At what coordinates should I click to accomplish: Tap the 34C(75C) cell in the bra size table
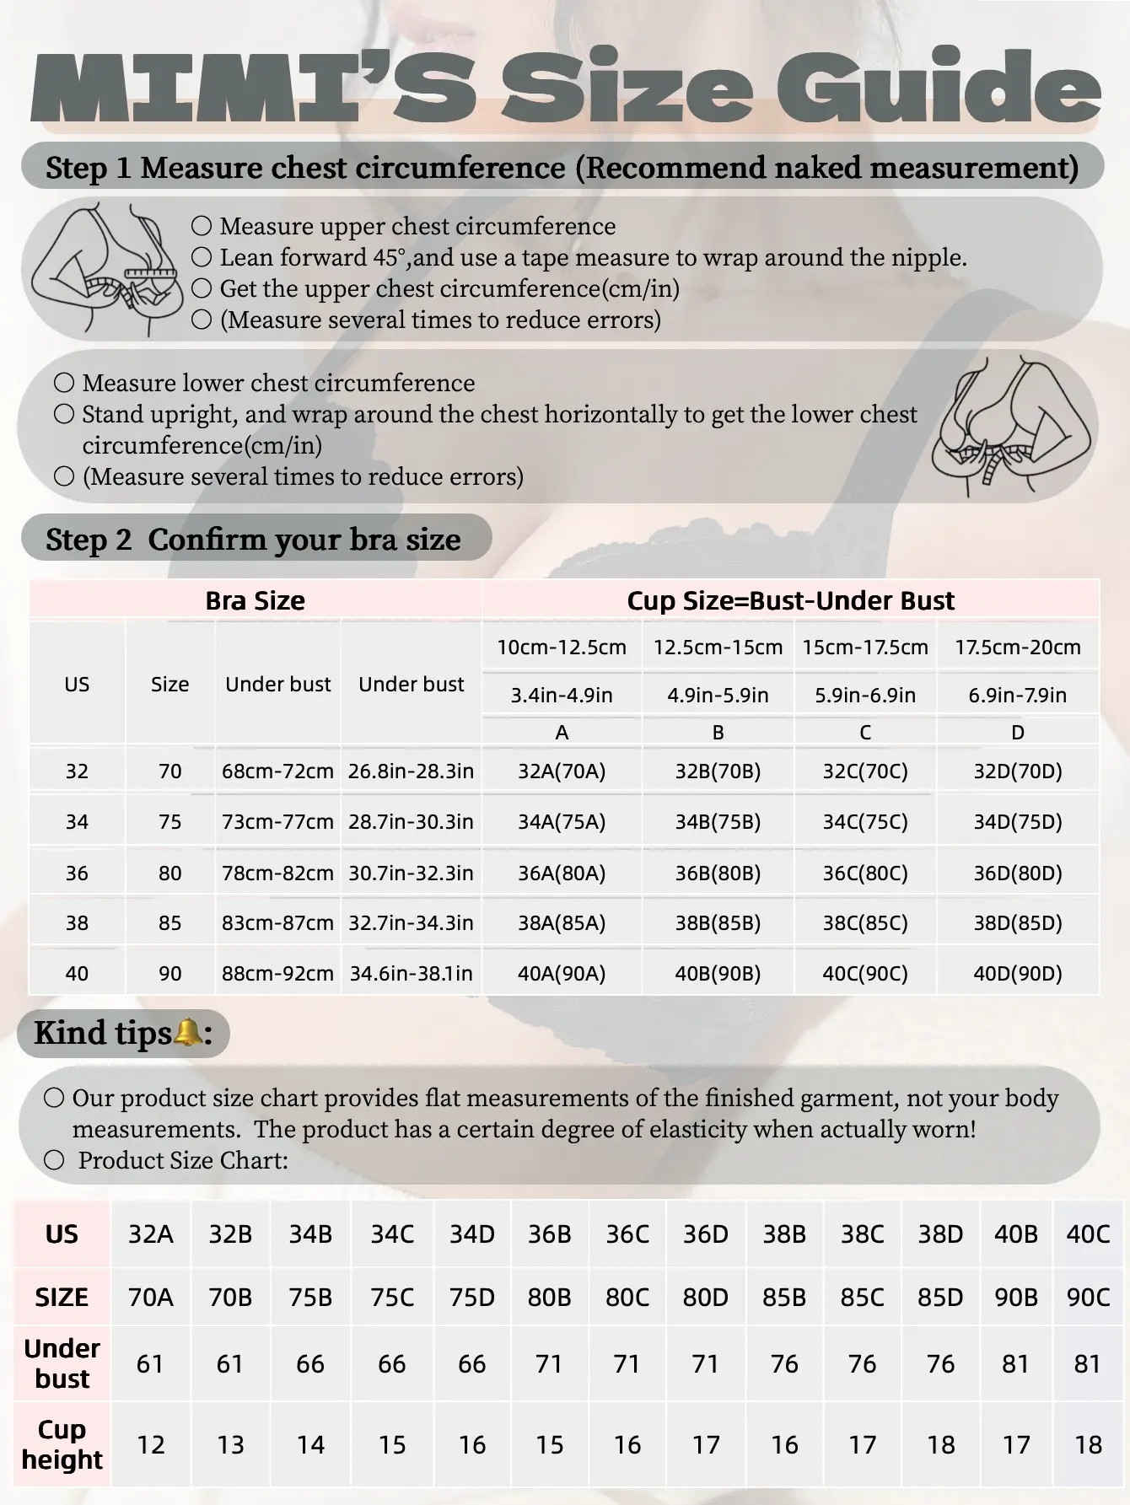(865, 822)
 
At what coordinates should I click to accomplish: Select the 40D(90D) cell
(1018, 974)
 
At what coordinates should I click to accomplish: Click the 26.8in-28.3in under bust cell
(411, 771)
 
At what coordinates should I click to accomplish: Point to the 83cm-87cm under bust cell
(277, 923)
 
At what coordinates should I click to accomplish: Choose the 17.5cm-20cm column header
(1018, 648)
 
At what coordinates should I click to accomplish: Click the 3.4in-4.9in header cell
(562, 696)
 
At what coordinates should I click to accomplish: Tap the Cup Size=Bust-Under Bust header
(790, 600)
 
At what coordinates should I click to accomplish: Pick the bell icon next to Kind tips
(187, 1032)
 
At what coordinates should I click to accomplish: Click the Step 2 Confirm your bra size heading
(253, 540)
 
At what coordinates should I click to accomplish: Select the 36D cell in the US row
(706, 1234)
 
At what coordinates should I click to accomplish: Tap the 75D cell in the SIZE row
(472, 1297)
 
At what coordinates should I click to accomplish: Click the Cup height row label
(62, 1444)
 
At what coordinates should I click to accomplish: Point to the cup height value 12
(150, 1445)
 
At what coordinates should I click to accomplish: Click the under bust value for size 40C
(1088, 1363)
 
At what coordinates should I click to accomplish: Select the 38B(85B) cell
(718, 923)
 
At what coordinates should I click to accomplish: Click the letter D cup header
(1018, 733)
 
